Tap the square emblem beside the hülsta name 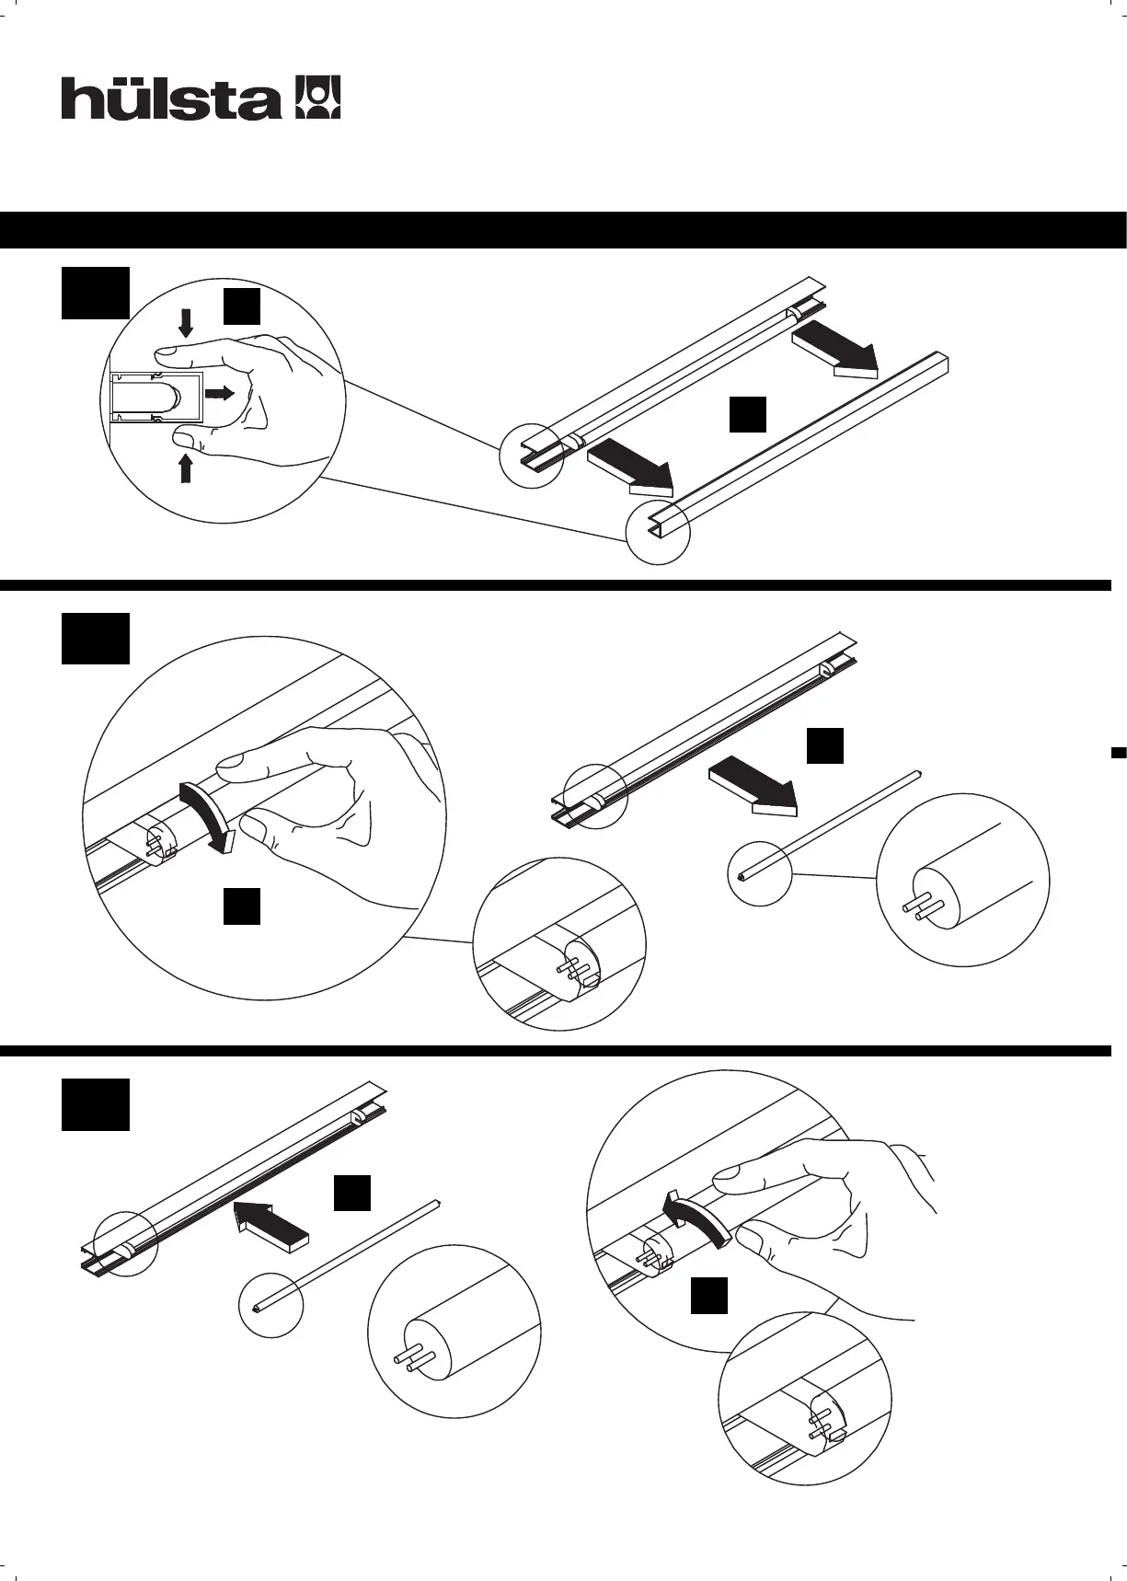click(x=316, y=98)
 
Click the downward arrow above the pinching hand click(x=186, y=323)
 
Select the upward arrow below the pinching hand click(x=186, y=467)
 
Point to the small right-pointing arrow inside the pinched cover click(x=219, y=393)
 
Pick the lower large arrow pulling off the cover click(x=631, y=465)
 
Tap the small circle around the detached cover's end click(x=658, y=533)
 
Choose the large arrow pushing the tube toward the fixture click(x=271, y=1222)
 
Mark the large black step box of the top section click(x=95, y=293)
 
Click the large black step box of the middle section click(x=95, y=638)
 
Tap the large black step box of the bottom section click(x=95, y=1104)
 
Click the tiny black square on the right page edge click(x=1119, y=754)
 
